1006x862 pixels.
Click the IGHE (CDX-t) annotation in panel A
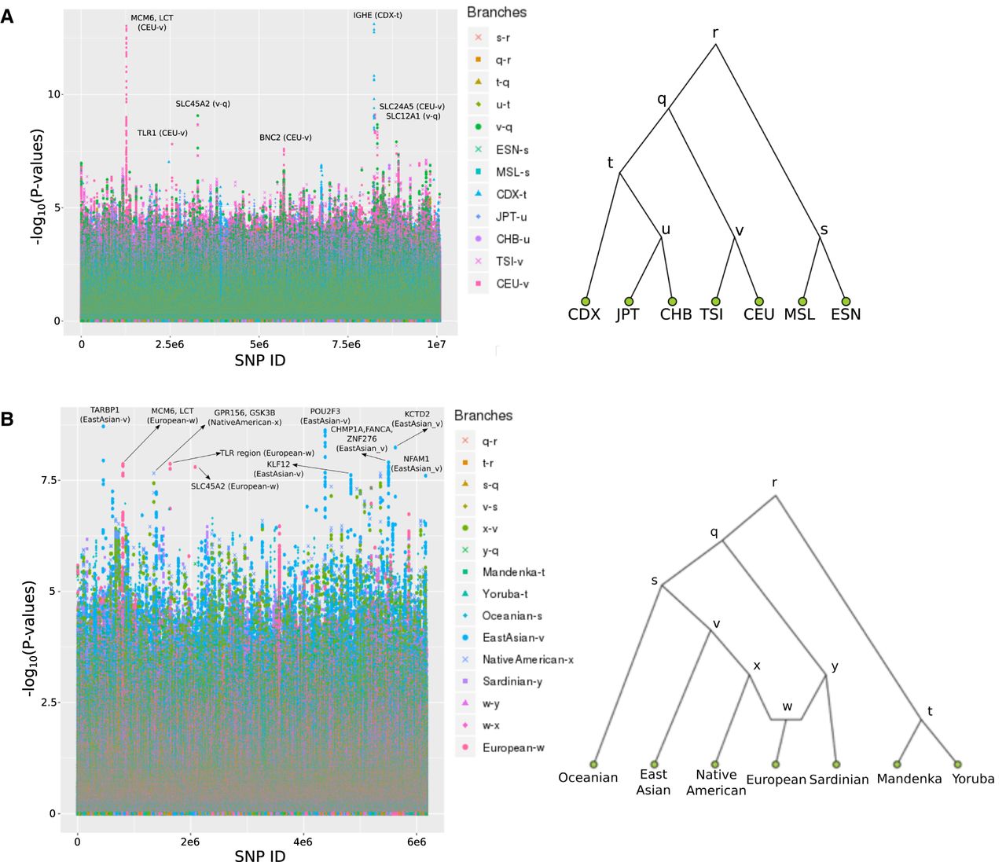[377, 16]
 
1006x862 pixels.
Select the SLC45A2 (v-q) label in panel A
[203, 104]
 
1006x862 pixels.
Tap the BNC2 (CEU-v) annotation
[285, 138]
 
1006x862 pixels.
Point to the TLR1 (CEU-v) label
[163, 133]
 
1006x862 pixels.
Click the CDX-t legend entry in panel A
[511, 194]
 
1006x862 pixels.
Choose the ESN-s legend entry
[512, 149]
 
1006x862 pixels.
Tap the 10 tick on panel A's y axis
[54, 94]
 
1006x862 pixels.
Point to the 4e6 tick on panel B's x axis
[303, 842]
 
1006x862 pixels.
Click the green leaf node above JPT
[629, 301]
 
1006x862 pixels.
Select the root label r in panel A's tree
[715, 33]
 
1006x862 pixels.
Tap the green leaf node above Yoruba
[957, 764]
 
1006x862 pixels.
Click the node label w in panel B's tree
[787, 706]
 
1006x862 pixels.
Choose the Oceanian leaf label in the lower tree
[588, 777]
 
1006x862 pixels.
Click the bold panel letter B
[7, 419]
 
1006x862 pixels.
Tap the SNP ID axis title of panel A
[260, 361]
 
